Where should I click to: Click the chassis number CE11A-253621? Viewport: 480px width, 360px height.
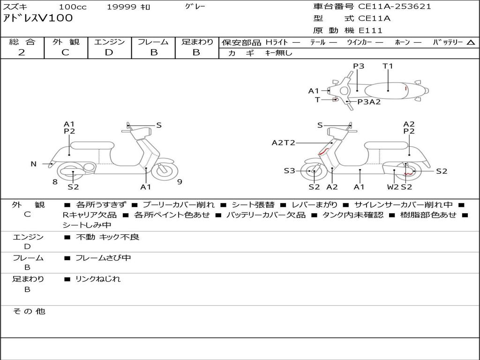[x=395, y=7]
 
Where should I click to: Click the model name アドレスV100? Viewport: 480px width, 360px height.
[x=38, y=18]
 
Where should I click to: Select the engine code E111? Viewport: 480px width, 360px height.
[x=371, y=30]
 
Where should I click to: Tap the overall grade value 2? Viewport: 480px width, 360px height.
[x=22, y=52]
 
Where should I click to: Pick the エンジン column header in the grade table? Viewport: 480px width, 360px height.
[x=109, y=42]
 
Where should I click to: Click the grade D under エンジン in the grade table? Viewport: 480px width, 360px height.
[x=109, y=52]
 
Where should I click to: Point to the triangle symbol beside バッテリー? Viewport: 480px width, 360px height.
[x=471, y=43]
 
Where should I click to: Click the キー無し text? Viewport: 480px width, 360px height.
[x=279, y=53]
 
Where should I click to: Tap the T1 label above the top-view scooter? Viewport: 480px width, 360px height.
[x=388, y=66]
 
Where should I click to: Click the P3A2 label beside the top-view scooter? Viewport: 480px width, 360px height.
[x=369, y=102]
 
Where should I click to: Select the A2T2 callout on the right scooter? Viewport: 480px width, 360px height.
[x=283, y=142]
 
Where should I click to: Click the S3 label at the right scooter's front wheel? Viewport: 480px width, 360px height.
[x=289, y=171]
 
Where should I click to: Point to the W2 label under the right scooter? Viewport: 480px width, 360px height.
[x=393, y=187]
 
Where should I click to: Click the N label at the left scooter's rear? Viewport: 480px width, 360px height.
[x=33, y=164]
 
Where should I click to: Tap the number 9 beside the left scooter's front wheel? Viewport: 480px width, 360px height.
[x=180, y=182]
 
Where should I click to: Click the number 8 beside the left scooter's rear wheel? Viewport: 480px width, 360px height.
[x=55, y=182]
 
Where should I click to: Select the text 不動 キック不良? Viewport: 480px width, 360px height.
[x=107, y=237]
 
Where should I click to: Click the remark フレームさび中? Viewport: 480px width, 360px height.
[x=103, y=258]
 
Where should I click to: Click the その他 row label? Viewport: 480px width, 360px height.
[x=29, y=311]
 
